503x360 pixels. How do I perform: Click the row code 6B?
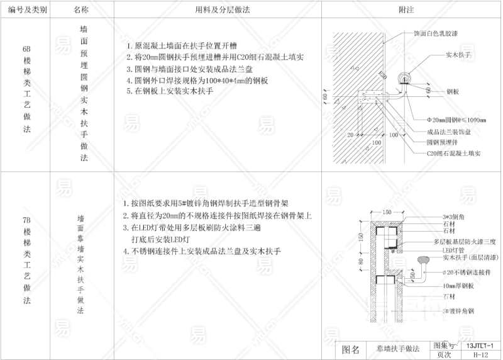coord(26,48)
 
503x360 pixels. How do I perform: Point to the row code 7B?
coord(26,221)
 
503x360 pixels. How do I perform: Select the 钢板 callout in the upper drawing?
coord(453,92)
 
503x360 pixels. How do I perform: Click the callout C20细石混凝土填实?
coord(453,153)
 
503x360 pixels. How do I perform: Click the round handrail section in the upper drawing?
coord(403,78)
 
